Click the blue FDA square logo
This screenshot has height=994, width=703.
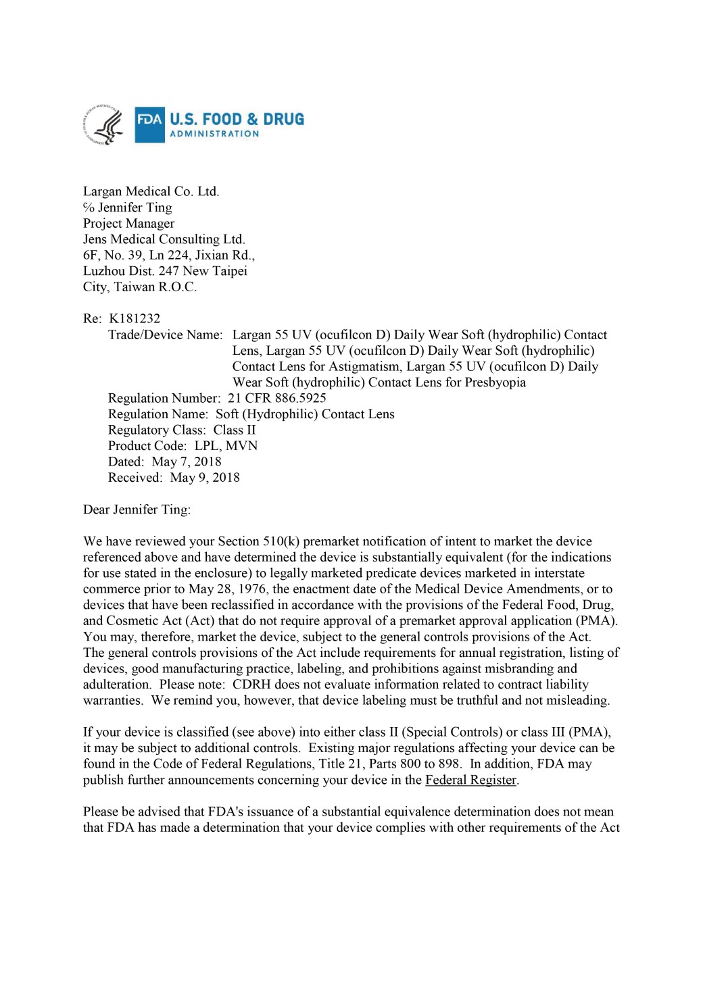(x=149, y=124)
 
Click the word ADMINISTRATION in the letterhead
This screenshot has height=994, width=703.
(x=214, y=134)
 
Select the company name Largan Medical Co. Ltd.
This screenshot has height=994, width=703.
(x=151, y=191)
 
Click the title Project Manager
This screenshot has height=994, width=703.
(x=128, y=223)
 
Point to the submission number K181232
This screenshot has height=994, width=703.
(x=135, y=318)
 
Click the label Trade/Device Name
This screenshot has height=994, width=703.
(x=165, y=334)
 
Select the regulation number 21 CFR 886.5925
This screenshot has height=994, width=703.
(x=277, y=398)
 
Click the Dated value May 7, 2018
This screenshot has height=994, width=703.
(x=187, y=462)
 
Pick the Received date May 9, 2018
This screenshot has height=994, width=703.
(x=205, y=478)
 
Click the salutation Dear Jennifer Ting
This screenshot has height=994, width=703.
(x=137, y=510)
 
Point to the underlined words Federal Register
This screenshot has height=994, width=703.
(x=470, y=780)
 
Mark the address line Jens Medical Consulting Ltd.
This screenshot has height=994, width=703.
(x=164, y=239)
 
